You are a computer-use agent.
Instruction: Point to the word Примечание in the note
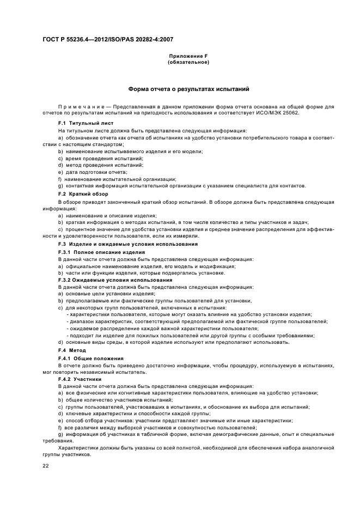81,107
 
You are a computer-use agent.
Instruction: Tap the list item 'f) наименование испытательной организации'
117,179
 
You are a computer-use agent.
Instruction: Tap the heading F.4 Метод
72,349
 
